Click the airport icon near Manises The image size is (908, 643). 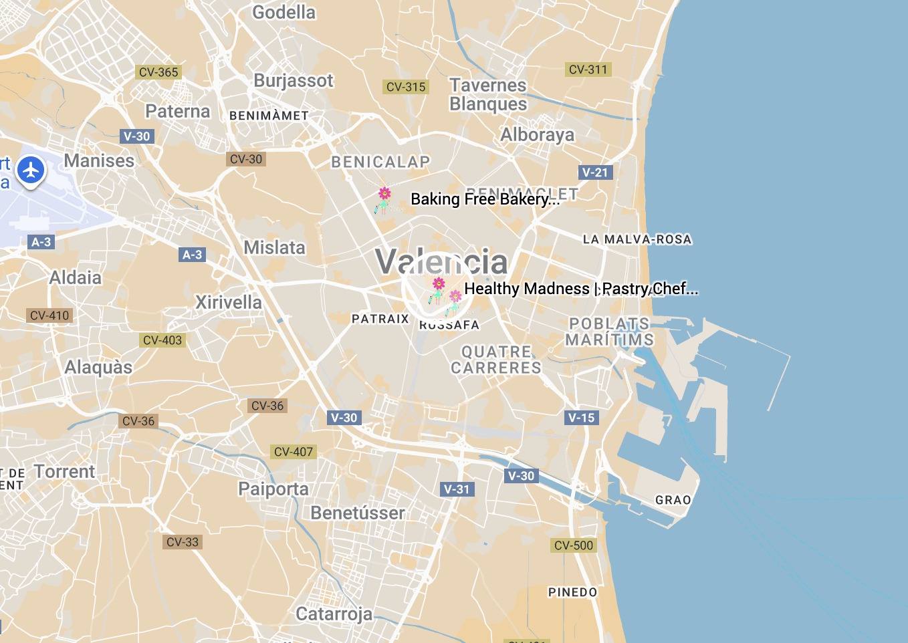[31, 170]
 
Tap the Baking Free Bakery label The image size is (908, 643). [485, 199]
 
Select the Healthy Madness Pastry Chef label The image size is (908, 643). [580, 289]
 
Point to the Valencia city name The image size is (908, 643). [441, 261]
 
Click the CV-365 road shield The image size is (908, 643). [158, 72]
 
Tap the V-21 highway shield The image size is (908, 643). [595, 172]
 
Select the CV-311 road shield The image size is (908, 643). [588, 70]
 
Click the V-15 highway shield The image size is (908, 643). [581, 418]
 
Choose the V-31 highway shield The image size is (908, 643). [457, 489]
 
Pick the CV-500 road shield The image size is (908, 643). [574, 545]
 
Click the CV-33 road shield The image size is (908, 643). [183, 542]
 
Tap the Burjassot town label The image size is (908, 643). [293, 81]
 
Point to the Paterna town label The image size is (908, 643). [178, 112]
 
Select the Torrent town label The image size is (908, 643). [65, 472]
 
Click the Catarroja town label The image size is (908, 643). [334, 614]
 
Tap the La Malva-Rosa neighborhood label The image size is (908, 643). [637, 239]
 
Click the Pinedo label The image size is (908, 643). [572, 592]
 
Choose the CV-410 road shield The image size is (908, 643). [49, 315]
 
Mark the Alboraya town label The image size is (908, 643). [538, 135]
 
